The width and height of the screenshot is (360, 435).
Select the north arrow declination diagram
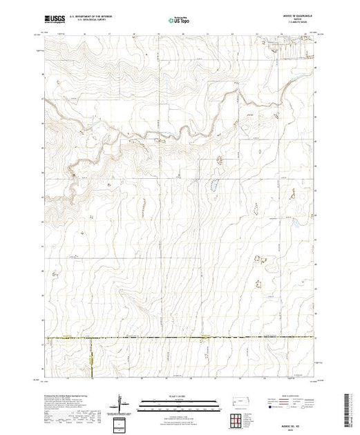(121, 402)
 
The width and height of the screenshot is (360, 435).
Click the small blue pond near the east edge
(296, 226)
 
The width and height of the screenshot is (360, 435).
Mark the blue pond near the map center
(214, 184)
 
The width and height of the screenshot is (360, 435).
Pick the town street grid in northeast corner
(290, 46)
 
